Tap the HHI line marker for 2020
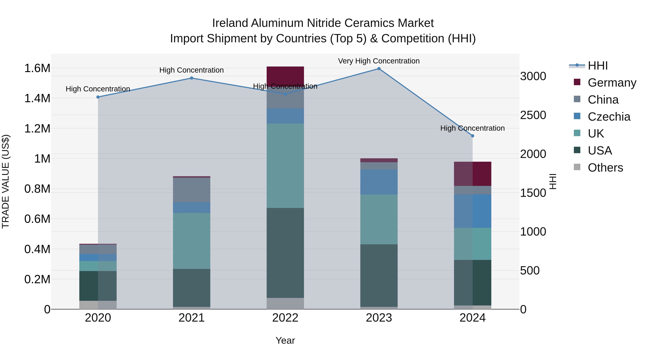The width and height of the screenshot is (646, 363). pyautogui.click(x=98, y=97)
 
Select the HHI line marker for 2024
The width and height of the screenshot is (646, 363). pyautogui.click(x=472, y=136)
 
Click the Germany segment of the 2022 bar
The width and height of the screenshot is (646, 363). pyautogui.click(x=285, y=75)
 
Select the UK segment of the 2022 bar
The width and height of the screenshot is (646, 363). pyautogui.click(x=285, y=165)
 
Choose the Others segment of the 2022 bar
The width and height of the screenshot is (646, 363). pyautogui.click(x=285, y=303)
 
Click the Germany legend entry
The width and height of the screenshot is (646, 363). pyautogui.click(x=612, y=82)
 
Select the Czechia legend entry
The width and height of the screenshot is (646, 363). pyautogui.click(x=609, y=117)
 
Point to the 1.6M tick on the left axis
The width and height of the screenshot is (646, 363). pyautogui.click(x=37, y=68)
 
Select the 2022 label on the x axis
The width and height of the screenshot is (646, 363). pyautogui.click(x=285, y=318)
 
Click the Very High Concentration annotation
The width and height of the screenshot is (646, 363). pyautogui.click(x=379, y=61)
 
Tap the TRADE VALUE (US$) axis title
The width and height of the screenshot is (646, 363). pyautogui.click(x=6, y=181)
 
